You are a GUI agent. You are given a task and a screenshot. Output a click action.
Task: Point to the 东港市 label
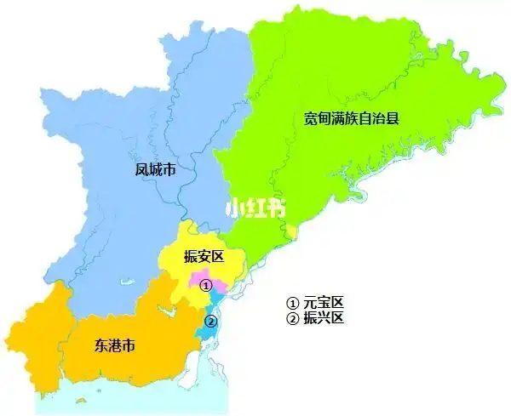point(115,346)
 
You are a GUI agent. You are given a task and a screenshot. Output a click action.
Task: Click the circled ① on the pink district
point(205,287)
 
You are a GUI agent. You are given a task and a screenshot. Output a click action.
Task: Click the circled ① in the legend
point(292,304)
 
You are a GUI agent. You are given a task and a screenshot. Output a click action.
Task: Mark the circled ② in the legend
point(292,319)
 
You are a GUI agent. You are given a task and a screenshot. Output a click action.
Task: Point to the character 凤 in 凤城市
point(141,170)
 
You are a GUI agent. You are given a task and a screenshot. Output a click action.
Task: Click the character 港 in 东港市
point(115,346)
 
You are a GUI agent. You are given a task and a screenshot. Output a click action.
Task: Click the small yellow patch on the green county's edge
point(292,231)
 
